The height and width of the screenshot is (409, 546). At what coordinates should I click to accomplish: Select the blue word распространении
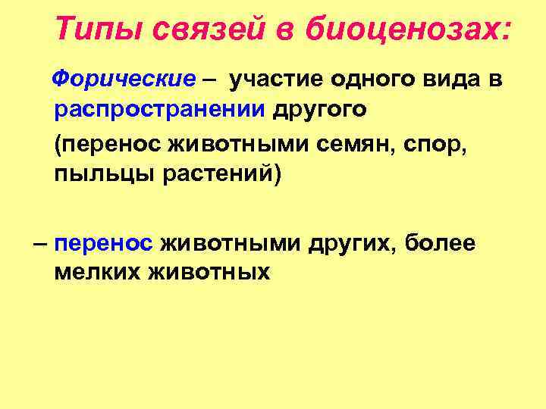pyautogui.click(x=160, y=109)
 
